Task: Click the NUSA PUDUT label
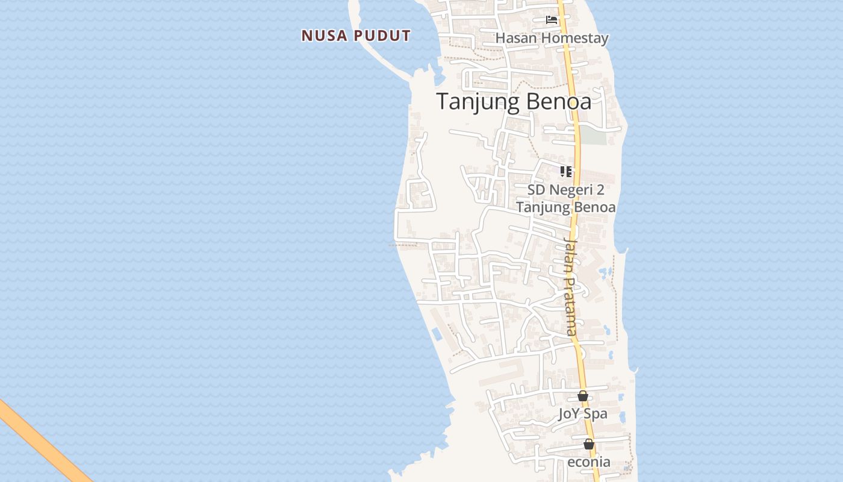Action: coord(356,36)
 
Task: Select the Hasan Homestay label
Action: coord(552,38)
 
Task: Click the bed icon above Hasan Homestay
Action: coord(552,19)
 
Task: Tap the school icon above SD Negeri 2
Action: coord(566,172)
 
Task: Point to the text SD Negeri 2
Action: coord(565,190)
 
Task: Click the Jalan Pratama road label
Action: coord(570,286)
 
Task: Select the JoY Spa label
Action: coord(582,414)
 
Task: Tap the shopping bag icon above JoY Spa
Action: coord(582,396)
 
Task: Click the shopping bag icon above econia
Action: coord(589,444)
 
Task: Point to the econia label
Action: coord(589,462)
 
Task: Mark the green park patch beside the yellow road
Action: coord(593,135)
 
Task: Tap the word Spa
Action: coord(596,414)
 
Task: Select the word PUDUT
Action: coord(382,36)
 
